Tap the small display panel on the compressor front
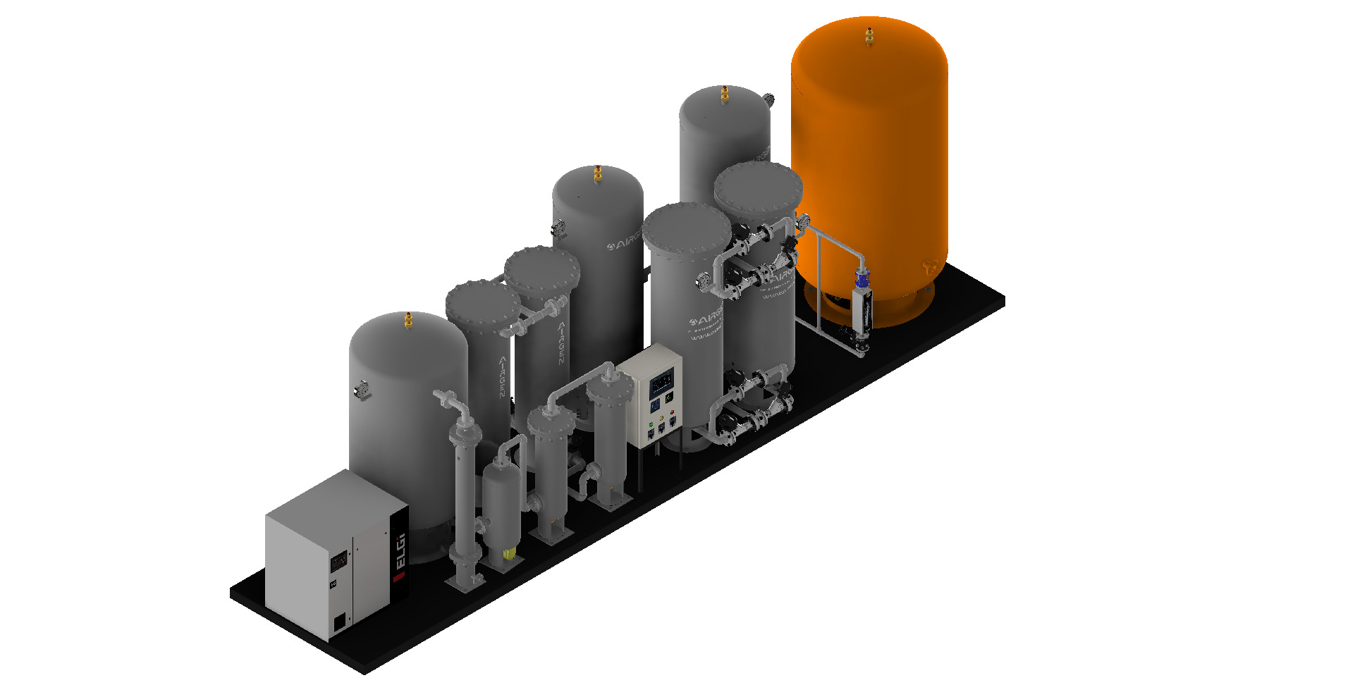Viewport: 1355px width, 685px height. (339, 561)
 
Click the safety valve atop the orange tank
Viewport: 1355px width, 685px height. (869, 35)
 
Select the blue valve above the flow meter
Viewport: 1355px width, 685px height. (861, 279)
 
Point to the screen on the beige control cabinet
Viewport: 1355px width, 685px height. (661, 383)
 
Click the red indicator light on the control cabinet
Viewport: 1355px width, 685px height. (672, 412)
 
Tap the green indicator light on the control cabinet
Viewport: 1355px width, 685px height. (651, 424)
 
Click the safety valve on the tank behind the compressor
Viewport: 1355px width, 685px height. (408, 321)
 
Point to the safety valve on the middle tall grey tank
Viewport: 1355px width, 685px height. (598, 173)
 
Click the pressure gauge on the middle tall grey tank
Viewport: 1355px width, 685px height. (558, 228)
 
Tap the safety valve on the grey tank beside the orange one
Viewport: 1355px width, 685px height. (724, 94)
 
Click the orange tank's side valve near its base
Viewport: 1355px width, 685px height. (929, 267)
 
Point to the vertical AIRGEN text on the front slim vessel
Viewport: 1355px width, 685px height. (502, 376)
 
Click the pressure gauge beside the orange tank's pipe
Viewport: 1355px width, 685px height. (803, 223)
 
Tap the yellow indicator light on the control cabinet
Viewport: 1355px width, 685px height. (661, 418)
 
